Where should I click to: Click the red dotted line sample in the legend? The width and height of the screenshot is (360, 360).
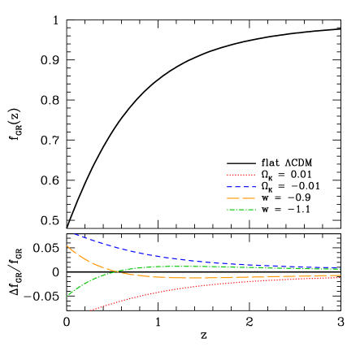click(x=241, y=175)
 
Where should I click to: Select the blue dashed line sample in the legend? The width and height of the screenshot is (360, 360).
click(x=241, y=187)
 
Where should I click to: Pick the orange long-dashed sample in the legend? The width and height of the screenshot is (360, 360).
click(x=241, y=198)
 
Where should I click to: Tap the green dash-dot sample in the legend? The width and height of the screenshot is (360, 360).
click(x=241, y=210)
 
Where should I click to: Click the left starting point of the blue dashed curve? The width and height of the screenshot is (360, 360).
click(x=75, y=234)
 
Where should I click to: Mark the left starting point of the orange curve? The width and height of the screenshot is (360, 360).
click(x=67, y=245)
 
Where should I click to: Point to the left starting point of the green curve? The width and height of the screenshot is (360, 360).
click(x=67, y=296)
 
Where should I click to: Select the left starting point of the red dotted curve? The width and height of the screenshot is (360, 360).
click(x=90, y=310)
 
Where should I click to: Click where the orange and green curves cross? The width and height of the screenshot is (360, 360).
click(x=119, y=271)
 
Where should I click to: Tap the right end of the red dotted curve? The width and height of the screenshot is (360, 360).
click(x=340, y=278)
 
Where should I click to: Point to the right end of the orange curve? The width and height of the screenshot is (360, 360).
click(x=340, y=275)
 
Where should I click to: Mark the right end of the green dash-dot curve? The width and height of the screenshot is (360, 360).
click(x=340, y=269)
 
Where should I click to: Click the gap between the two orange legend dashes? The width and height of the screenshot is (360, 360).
click(x=241, y=198)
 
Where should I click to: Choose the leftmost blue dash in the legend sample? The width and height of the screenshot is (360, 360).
click(x=230, y=187)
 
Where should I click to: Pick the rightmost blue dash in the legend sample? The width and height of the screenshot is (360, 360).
click(x=253, y=187)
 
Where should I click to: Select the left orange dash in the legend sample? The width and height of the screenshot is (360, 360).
click(x=233, y=198)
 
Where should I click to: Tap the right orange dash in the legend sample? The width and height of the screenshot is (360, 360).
click(x=249, y=198)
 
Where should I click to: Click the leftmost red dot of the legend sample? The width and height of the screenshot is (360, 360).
click(x=228, y=175)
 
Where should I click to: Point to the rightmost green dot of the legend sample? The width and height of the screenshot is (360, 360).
click(x=254, y=210)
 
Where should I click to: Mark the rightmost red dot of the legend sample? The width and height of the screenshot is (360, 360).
click(x=254, y=175)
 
